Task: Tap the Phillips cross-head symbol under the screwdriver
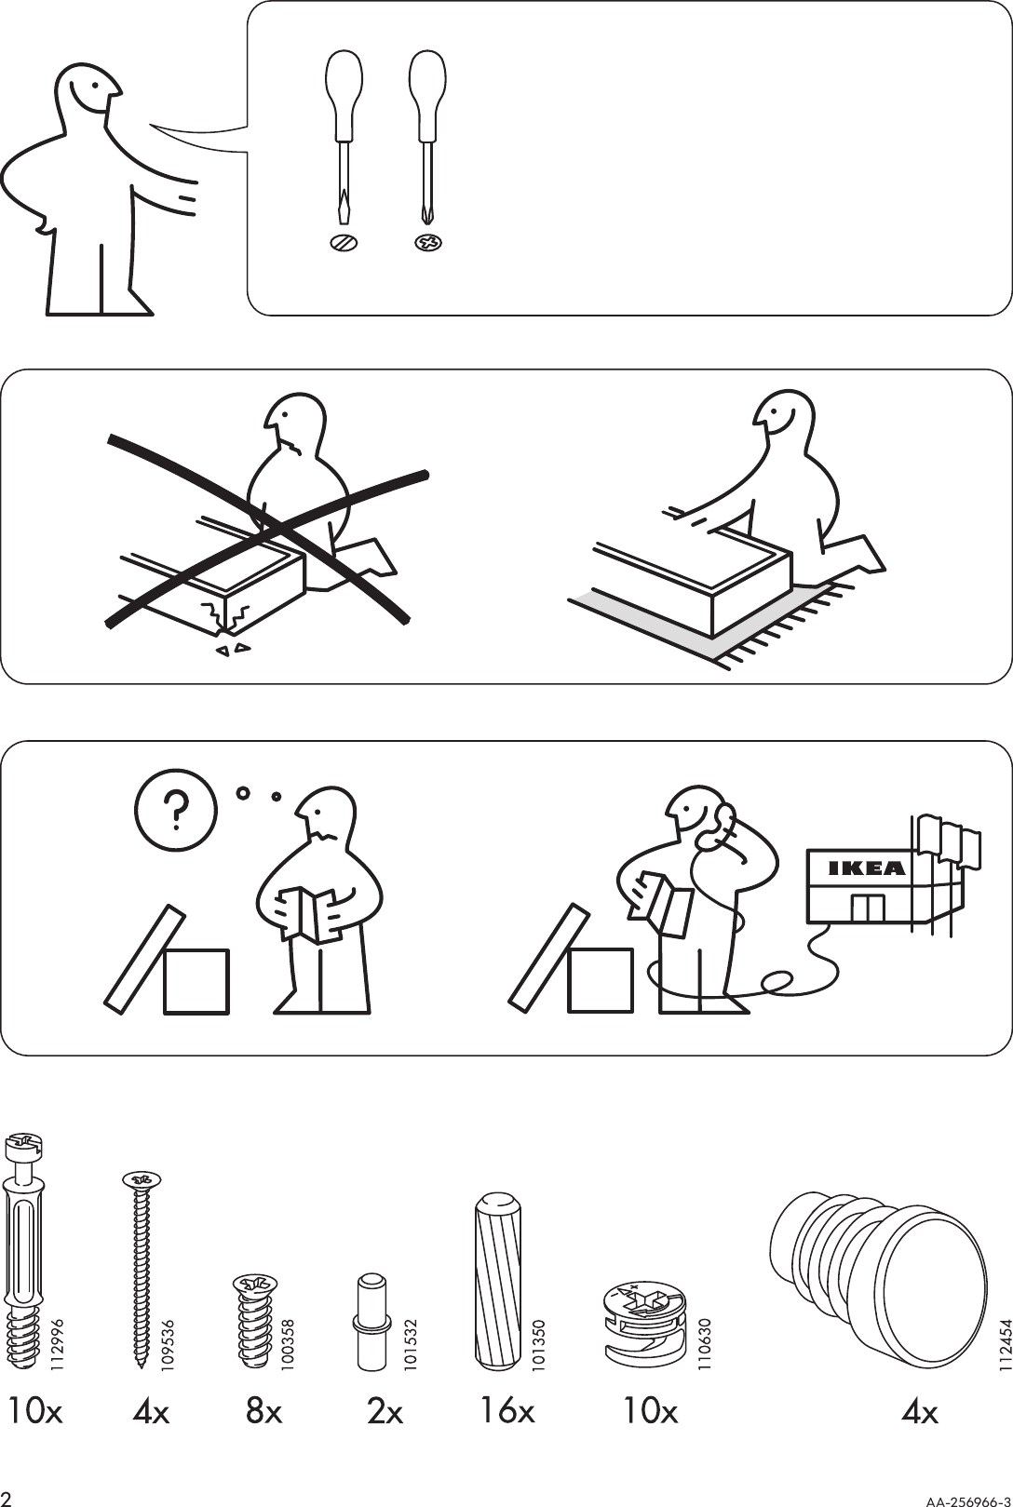click(x=427, y=243)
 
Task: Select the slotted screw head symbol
click(x=344, y=243)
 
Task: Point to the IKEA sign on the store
click(x=866, y=868)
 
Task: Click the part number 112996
click(x=58, y=1341)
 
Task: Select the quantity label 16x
click(x=507, y=1412)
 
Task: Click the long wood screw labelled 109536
click(x=141, y=1267)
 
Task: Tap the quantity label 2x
click(x=385, y=1412)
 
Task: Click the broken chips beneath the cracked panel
click(x=233, y=648)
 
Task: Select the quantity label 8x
click(x=263, y=1412)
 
